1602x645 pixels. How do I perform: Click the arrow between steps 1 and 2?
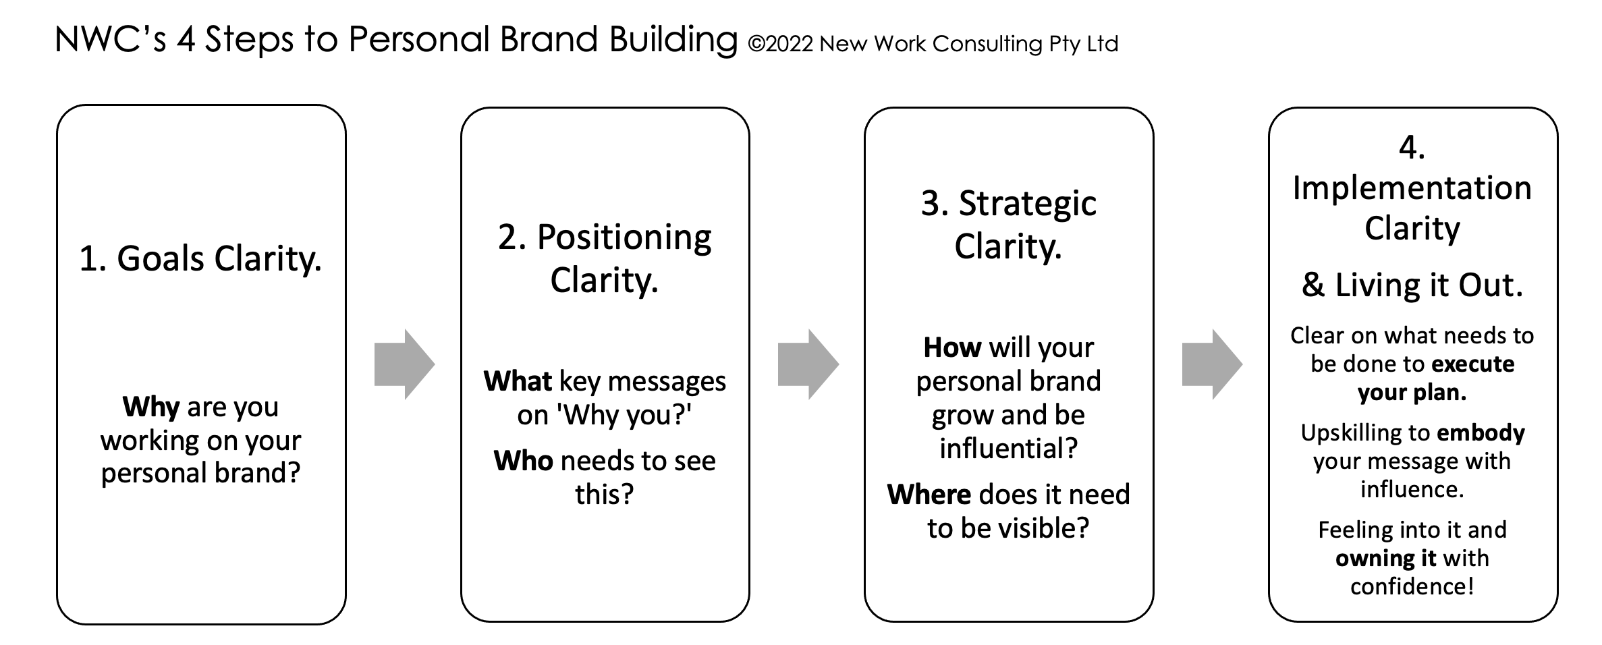tap(404, 364)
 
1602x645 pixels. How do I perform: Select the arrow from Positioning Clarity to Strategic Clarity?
tap(808, 364)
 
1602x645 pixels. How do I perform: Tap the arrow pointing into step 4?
tap(1212, 364)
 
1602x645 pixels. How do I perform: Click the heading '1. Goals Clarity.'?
tap(200, 259)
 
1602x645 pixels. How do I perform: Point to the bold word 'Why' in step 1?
tap(150, 407)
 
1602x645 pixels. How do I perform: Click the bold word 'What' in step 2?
tap(518, 381)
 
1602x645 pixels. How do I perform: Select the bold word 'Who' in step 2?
tap(523, 461)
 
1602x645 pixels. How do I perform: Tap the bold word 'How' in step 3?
tap(952, 347)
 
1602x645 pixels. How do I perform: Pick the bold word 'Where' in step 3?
tap(929, 495)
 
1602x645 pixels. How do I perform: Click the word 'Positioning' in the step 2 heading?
tap(624, 238)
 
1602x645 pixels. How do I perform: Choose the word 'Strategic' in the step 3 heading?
tap(1028, 204)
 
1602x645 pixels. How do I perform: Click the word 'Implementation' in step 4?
tap(1412, 188)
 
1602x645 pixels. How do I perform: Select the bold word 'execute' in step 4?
tap(1473, 364)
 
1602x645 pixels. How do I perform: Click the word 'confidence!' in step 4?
tap(1412, 586)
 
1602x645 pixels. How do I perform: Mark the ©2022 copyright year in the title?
tap(781, 44)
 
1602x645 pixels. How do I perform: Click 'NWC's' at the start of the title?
tap(111, 39)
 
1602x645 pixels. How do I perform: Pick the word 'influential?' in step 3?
tap(1009, 448)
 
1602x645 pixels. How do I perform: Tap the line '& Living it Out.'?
tap(1412, 285)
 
